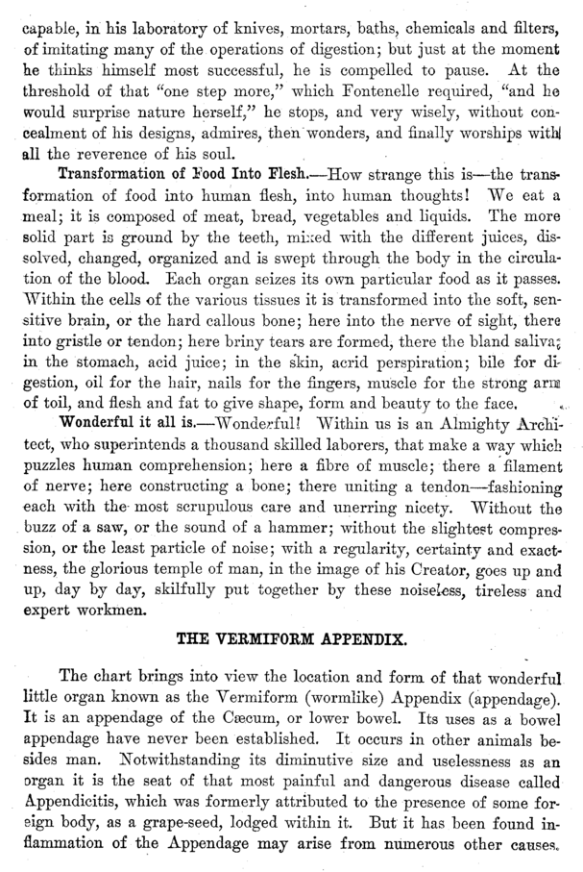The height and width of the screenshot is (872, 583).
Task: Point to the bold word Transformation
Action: pyautogui.click(x=112, y=174)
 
